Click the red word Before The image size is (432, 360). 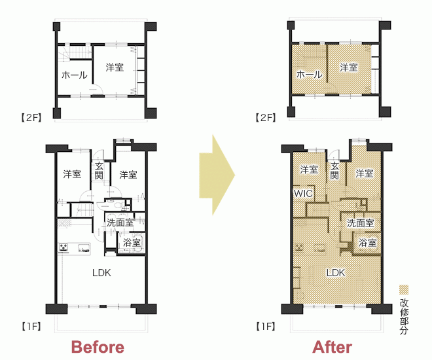point(98,347)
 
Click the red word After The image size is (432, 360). point(333,347)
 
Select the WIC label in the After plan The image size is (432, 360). point(303,193)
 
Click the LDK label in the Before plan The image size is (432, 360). point(101,273)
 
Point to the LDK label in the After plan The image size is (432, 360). point(336,273)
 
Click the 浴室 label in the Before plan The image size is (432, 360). point(132,243)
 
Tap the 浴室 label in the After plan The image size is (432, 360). point(368,243)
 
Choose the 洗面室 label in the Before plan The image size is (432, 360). point(120,223)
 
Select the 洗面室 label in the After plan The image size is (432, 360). point(361,223)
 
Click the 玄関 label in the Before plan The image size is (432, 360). point(99,171)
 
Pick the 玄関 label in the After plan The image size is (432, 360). point(334,171)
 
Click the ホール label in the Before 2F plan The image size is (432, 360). point(75,75)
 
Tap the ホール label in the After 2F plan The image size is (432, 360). point(309,75)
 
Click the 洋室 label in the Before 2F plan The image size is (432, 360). point(115,67)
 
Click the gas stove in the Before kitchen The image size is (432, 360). point(63,247)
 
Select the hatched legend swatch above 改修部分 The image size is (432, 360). point(404,290)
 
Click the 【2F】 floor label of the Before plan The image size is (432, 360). point(31,118)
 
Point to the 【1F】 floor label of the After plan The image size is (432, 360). point(266,327)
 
